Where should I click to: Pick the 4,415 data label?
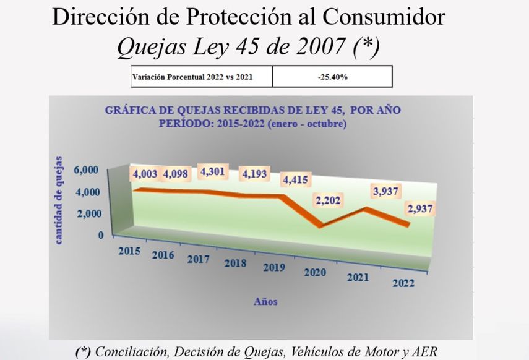(x=296, y=181)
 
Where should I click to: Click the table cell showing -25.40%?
(x=332, y=77)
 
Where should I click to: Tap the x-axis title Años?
(x=265, y=302)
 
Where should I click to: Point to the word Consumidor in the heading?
(x=384, y=17)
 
